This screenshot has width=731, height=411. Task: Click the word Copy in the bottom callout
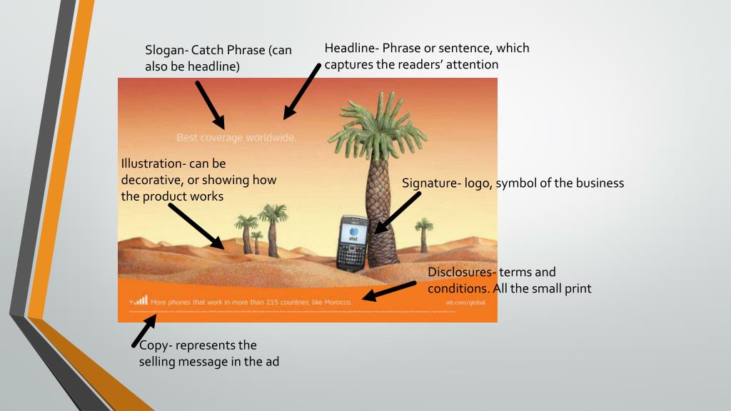[x=153, y=346]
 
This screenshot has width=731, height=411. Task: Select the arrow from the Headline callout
[x=302, y=91]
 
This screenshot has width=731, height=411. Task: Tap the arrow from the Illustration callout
[x=196, y=226]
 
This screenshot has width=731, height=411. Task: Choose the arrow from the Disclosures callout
[x=389, y=291]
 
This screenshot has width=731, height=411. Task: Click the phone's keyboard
[x=352, y=257]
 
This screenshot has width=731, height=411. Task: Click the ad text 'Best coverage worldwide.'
[x=236, y=138]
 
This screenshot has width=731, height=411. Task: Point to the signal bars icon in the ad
[x=139, y=301]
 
